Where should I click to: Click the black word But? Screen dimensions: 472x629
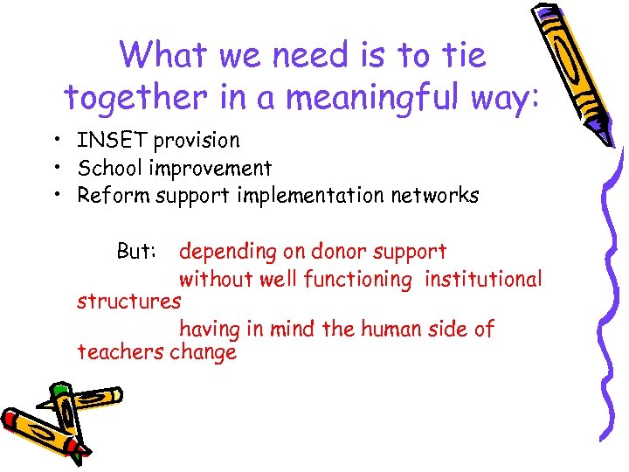[137, 252]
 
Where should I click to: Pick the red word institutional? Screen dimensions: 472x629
[483, 280]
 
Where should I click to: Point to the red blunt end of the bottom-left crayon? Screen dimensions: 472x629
[11, 420]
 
